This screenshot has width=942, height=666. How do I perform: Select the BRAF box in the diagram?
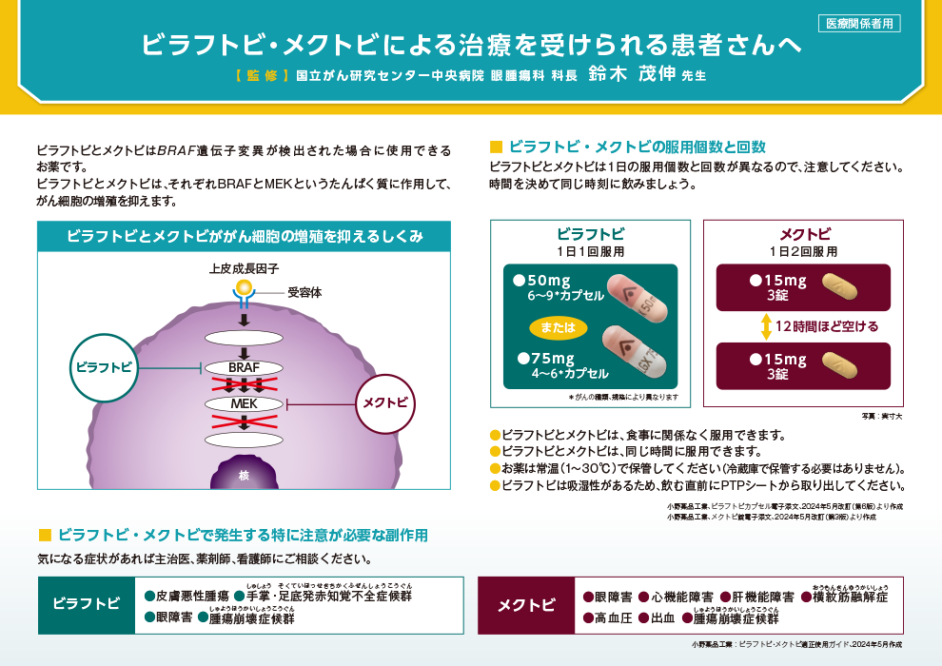click(244, 367)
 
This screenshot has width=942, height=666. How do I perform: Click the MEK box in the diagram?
click(244, 403)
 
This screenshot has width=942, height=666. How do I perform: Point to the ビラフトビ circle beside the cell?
click(105, 366)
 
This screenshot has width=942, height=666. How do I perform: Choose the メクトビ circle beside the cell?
click(384, 402)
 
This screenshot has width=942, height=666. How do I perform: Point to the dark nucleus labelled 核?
click(244, 473)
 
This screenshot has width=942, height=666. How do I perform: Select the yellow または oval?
click(553, 327)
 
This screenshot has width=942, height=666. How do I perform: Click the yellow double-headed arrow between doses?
click(765, 326)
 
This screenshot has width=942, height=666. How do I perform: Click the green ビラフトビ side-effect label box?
click(86, 605)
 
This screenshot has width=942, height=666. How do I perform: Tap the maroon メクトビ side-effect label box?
click(526, 605)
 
